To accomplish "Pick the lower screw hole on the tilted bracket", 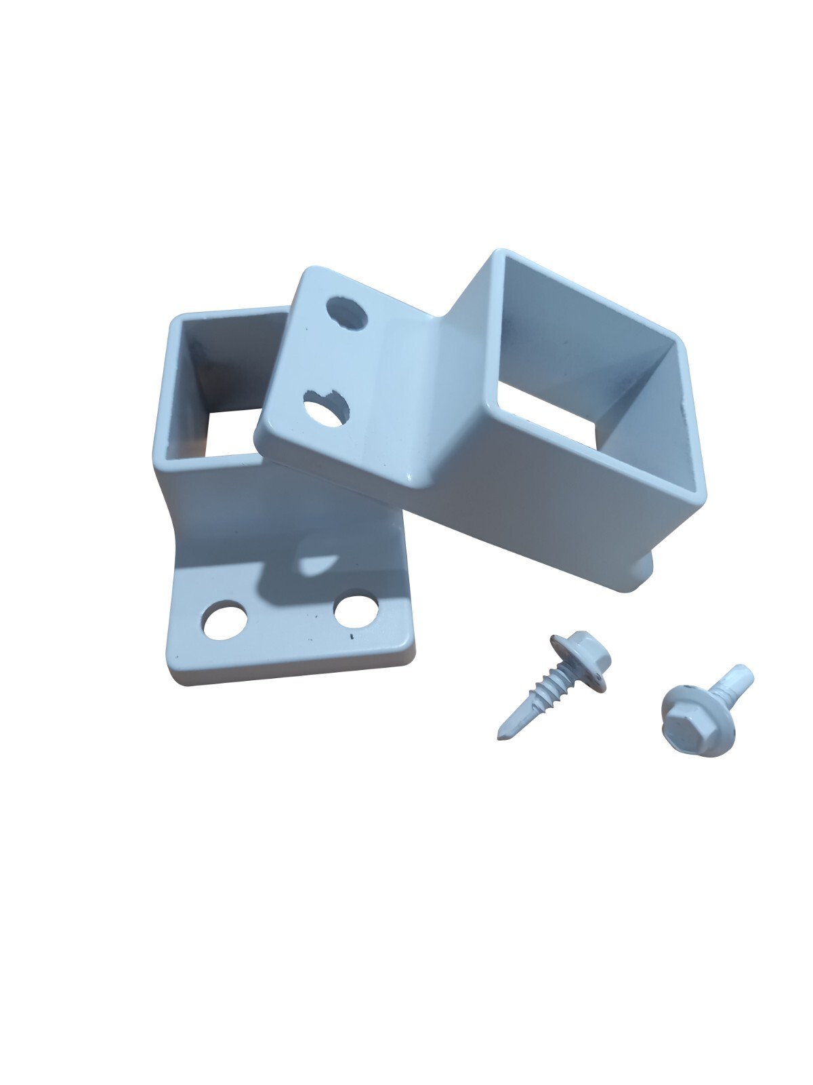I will pos(327,408).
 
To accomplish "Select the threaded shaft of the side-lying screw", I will pos(539,695).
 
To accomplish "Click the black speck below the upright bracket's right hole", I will pos(351,637).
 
